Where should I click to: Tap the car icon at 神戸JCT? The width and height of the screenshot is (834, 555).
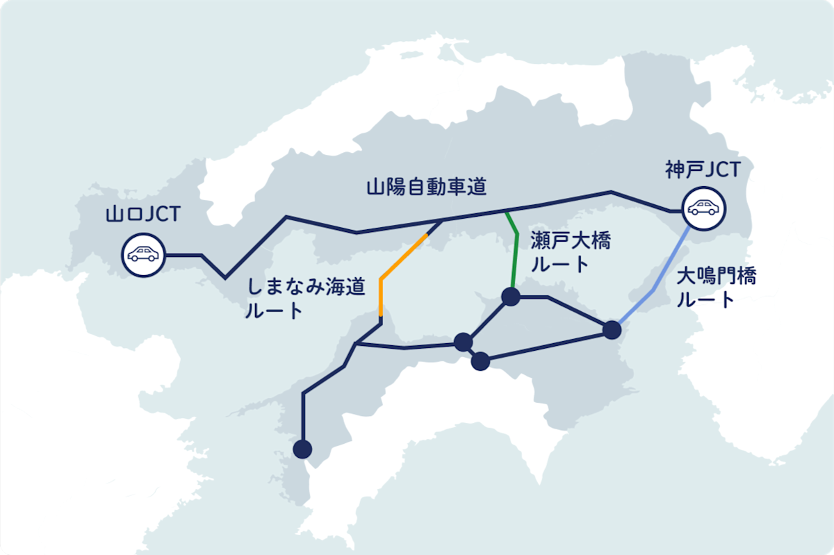point(703,208)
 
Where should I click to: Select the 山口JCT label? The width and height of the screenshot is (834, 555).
point(142,213)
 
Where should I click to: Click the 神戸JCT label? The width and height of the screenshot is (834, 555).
point(703,169)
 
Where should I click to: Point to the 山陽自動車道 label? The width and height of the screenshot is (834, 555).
point(426,186)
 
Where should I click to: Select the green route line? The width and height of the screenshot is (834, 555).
point(515,257)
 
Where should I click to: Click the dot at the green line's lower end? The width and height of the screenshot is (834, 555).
point(511,297)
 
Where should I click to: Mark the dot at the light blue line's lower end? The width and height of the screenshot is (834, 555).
point(612,329)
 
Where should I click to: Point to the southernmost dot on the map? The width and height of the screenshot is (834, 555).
point(302,449)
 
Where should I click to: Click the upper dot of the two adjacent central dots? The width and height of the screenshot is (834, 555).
point(463,342)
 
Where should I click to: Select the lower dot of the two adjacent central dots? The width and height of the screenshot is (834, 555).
point(480,361)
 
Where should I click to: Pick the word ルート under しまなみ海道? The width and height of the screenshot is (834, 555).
point(274,311)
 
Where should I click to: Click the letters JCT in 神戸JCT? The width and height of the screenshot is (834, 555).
point(722,169)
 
